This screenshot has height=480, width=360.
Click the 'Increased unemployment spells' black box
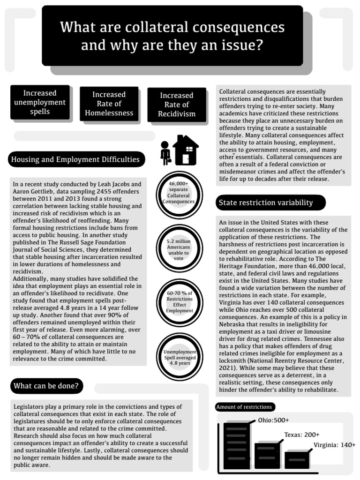(x=40, y=102)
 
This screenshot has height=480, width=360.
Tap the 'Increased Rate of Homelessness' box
(x=109, y=104)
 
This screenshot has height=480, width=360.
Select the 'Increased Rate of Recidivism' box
(x=177, y=104)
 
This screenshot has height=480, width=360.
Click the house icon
(x=186, y=150)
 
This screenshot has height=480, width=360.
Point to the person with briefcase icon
(x=165, y=153)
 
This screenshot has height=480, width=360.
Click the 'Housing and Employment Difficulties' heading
(x=75, y=160)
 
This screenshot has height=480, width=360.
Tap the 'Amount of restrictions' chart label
(x=244, y=407)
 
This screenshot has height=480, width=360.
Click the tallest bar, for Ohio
(x=237, y=445)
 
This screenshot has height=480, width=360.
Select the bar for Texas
(x=267, y=456)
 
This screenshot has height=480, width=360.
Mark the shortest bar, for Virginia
(x=297, y=460)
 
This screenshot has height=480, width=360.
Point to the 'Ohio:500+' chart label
(x=273, y=420)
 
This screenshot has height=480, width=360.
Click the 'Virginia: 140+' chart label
(x=334, y=445)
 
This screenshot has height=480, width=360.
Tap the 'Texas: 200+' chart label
(x=301, y=435)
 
